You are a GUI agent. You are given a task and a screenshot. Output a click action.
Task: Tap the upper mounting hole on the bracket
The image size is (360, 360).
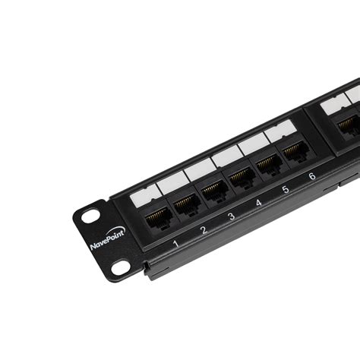click(x=90, y=216)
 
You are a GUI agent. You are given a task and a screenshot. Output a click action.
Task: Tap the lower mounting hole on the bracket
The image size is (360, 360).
click(x=120, y=267)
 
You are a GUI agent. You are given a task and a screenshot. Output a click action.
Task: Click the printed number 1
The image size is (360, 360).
click(x=175, y=244)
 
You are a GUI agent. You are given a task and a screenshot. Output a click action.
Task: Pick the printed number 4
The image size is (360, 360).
click(x=258, y=203)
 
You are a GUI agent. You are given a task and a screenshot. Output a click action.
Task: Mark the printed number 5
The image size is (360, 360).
click(x=286, y=190)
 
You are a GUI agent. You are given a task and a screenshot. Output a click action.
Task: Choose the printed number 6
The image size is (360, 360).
click(x=311, y=177)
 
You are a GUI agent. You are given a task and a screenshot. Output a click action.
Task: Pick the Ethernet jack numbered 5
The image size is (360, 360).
click(x=268, y=163)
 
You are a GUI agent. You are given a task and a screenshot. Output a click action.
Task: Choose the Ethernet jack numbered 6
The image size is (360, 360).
click(x=294, y=151)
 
